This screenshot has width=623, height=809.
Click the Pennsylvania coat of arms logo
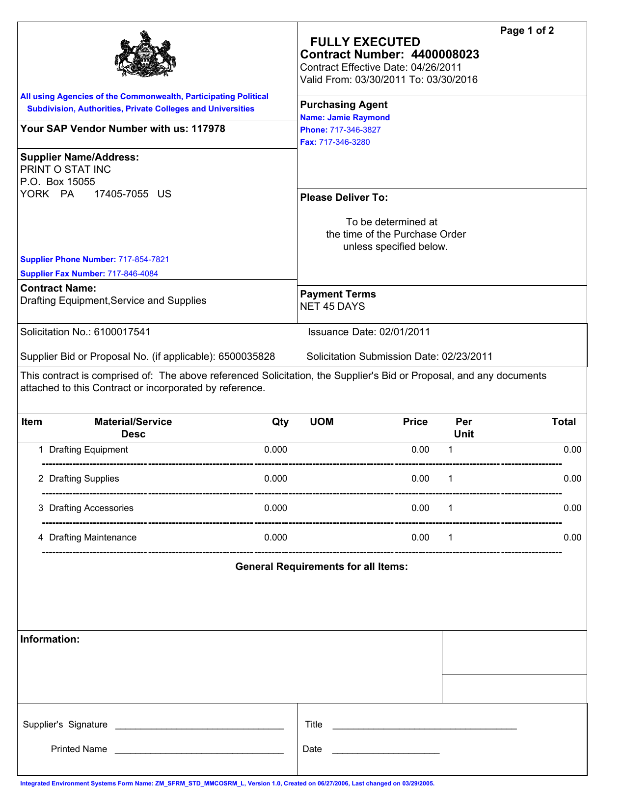[x=145, y=54]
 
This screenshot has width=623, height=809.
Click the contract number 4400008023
[x=445, y=54]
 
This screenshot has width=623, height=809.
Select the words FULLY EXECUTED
[x=365, y=42]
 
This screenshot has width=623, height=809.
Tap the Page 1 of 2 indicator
[x=527, y=30]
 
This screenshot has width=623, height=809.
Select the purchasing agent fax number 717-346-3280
[x=344, y=142]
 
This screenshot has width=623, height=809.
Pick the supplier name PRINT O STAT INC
[x=65, y=169]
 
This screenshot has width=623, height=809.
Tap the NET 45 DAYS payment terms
[x=332, y=306]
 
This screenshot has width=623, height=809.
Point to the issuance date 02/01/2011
[x=405, y=332]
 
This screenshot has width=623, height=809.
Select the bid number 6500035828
[x=246, y=356]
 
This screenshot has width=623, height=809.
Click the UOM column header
[x=322, y=422]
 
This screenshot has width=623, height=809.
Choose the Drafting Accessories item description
[x=91, y=508]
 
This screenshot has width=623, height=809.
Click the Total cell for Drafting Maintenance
[x=572, y=538]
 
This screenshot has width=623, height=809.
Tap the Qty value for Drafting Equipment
[x=275, y=450]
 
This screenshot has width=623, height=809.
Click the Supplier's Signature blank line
[x=199, y=726]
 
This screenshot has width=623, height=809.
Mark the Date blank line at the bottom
[x=385, y=750]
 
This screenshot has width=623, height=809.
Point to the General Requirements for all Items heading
[x=322, y=566]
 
